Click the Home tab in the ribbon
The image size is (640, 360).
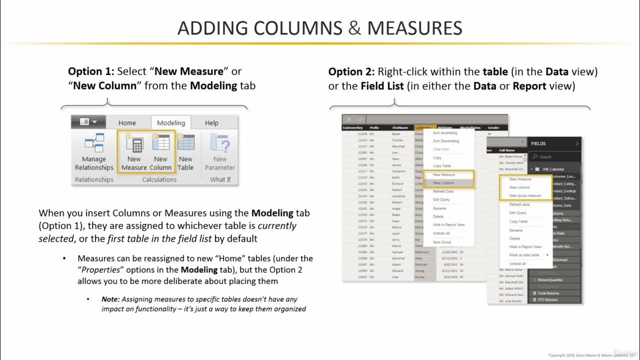tap(127, 123)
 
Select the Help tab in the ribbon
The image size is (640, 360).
tap(211, 123)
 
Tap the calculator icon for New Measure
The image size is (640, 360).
tap(134, 144)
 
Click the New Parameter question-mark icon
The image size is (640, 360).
tap(220, 144)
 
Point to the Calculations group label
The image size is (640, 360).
tap(159, 179)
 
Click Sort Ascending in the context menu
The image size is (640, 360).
tap(444, 133)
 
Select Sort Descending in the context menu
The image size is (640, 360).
tap(445, 141)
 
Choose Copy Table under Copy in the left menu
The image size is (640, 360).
tap(441, 166)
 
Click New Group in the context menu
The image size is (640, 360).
tap(442, 242)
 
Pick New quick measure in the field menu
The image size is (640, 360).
tap(525, 195)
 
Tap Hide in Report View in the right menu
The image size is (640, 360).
tap(525, 246)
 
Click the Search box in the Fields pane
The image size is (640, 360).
tap(555, 156)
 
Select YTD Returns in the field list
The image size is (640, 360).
tap(547, 299)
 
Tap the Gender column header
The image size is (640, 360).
tap(493, 128)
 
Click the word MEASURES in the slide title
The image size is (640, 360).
tap(414, 28)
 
